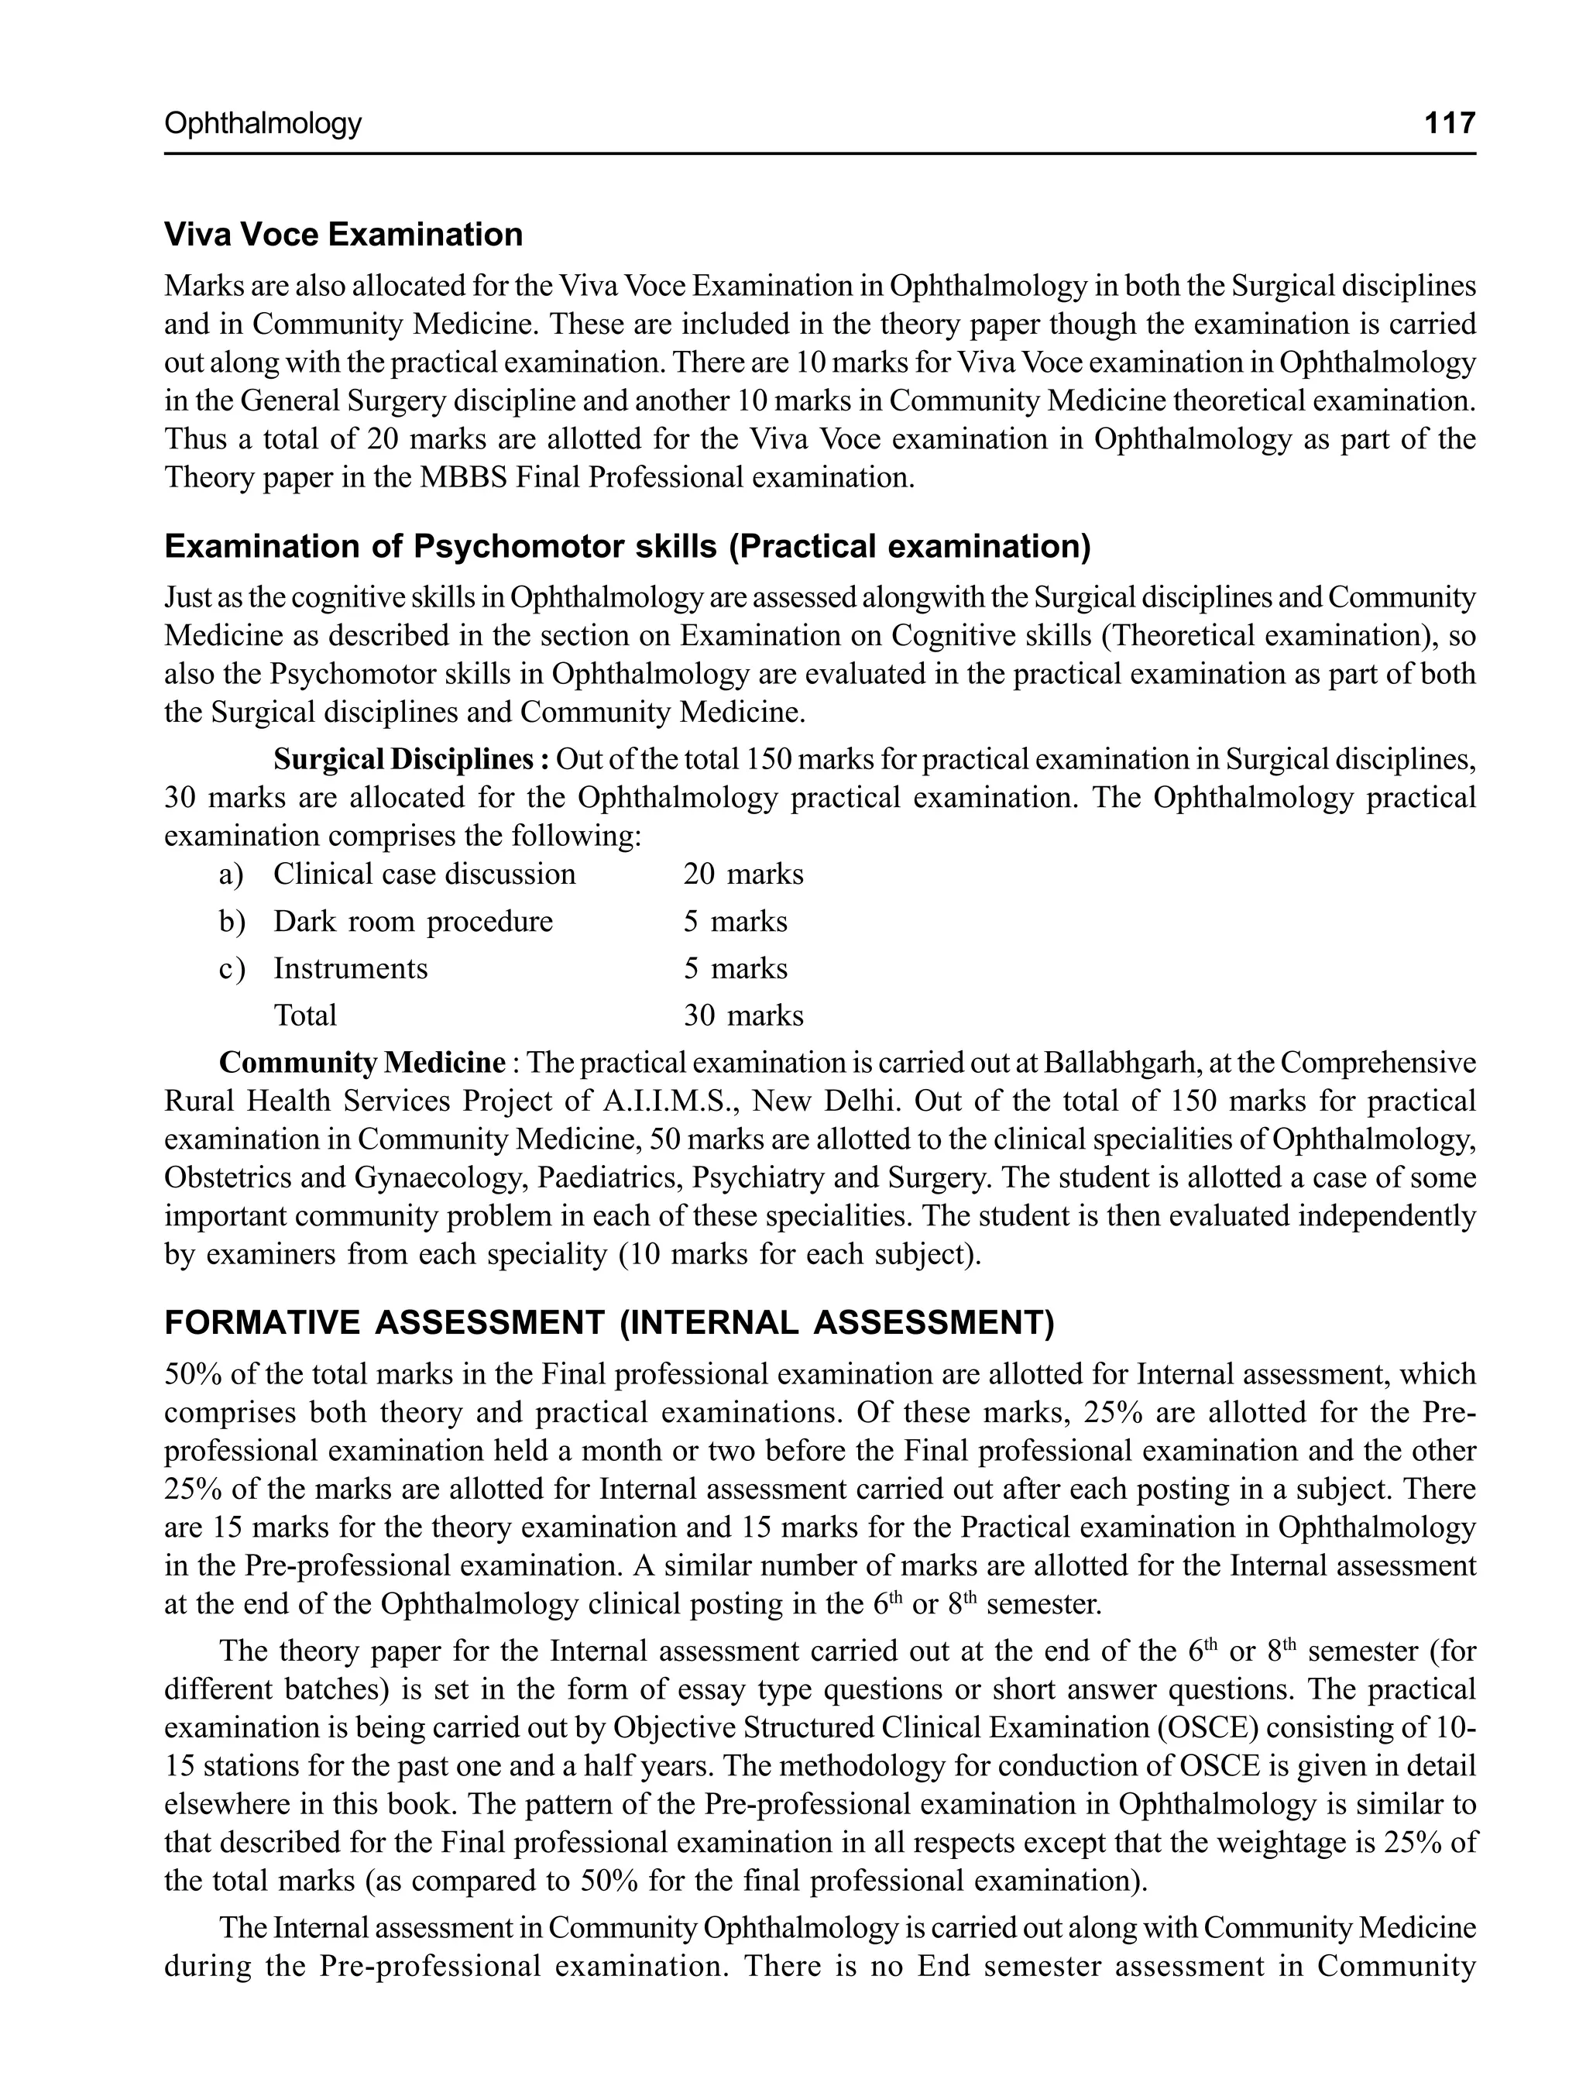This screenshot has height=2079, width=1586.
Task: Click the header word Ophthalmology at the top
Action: tap(263, 124)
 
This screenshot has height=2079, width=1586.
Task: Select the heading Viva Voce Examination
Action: tap(343, 234)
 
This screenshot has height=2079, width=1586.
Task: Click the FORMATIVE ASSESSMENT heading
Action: tap(609, 1323)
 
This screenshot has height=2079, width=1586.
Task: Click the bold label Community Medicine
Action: tap(362, 1063)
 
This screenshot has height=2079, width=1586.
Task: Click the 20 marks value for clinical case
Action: tap(743, 875)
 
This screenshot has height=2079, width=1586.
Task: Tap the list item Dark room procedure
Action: tap(413, 922)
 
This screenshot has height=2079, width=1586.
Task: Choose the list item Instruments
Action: tap(350, 969)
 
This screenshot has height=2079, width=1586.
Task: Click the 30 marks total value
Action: tap(743, 1016)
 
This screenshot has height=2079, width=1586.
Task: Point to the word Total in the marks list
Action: tap(305, 1016)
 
